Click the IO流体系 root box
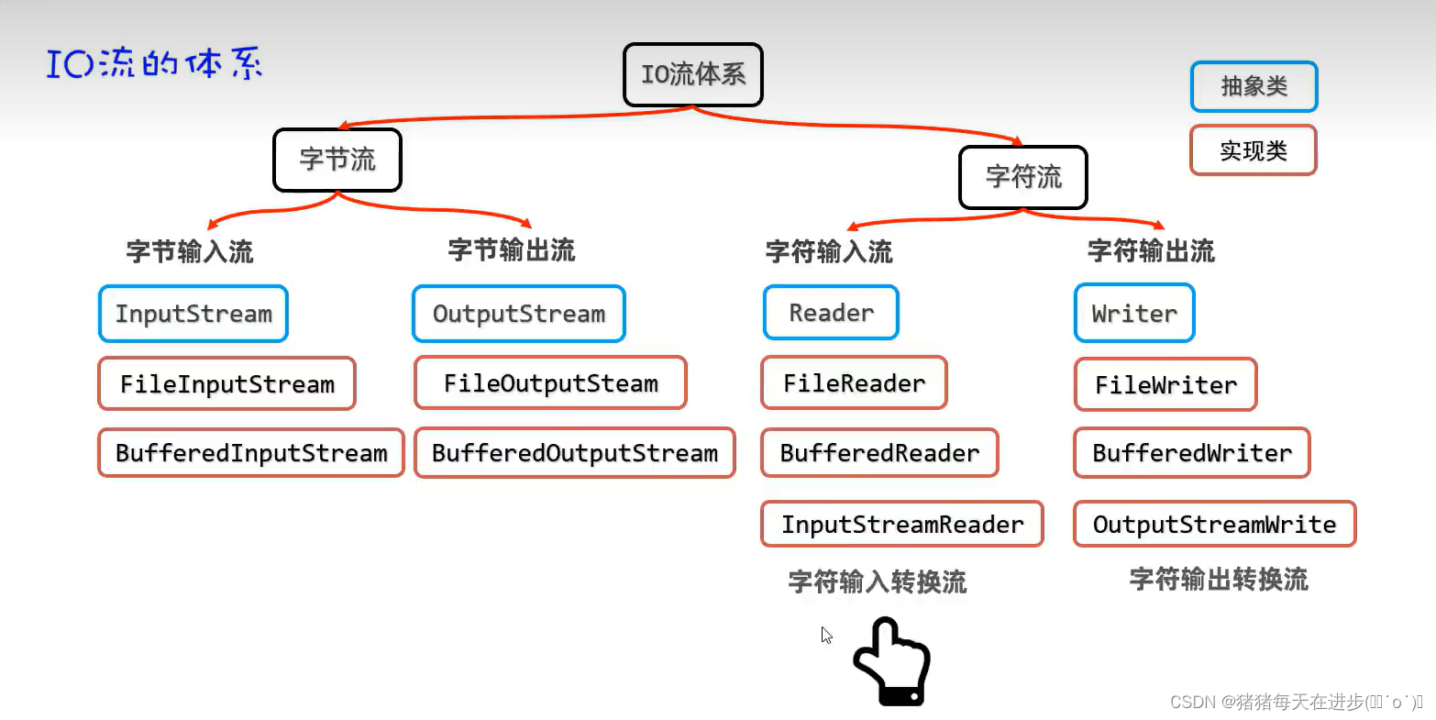(x=692, y=74)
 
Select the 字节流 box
(x=337, y=160)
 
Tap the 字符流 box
(x=1022, y=177)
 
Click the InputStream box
(x=193, y=314)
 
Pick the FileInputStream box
(x=226, y=383)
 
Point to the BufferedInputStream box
(x=250, y=453)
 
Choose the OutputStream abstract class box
(x=518, y=314)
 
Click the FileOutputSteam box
(x=550, y=383)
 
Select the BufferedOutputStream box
(x=574, y=453)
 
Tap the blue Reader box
(x=831, y=313)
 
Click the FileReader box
(x=854, y=383)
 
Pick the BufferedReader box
(x=879, y=453)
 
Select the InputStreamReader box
(x=902, y=525)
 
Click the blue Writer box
(x=1133, y=314)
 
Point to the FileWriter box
(x=1165, y=385)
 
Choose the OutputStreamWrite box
(x=1214, y=525)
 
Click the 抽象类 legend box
(x=1254, y=86)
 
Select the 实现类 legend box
(x=1253, y=150)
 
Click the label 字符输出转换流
(x=1218, y=580)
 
